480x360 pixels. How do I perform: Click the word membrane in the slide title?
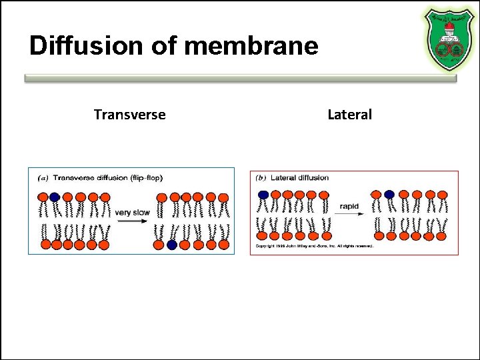pos(251,46)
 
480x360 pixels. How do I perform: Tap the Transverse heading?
pos(129,115)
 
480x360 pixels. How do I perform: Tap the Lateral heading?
pos(349,115)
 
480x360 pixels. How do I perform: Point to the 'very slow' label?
pos(132,213)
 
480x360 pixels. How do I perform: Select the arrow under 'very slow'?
pos(132,222)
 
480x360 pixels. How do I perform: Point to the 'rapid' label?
pos(349,206)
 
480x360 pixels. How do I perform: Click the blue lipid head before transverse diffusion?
pos(54,197)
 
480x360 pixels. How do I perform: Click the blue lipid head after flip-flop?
pos(172,245)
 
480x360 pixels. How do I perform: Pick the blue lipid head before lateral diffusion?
pos(263,195)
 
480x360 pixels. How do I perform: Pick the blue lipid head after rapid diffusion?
pos(389,195)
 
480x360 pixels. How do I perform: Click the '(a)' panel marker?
pos(43,178)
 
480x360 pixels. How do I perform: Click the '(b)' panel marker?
pos(262,178)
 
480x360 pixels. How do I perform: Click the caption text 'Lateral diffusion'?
pos(300,178)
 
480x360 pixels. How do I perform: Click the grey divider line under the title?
pos(240,78)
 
